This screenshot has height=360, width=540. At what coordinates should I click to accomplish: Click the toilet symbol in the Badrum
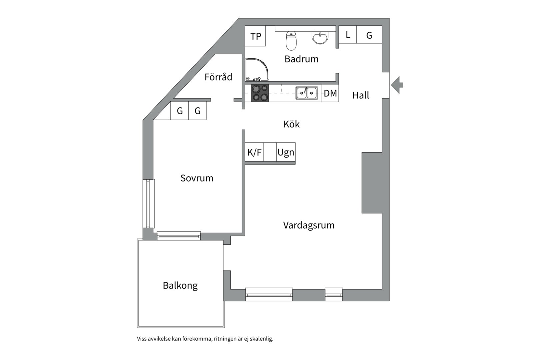[x=291, y=41]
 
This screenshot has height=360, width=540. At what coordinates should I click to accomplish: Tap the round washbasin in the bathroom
[x=320, y=37]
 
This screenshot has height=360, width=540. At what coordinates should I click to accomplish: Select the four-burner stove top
[x=260, y=93]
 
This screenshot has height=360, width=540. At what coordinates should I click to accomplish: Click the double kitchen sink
[x=307, y=93]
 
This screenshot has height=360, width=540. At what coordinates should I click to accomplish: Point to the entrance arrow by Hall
[x=397, y=85]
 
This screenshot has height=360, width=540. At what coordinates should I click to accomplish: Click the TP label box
[x=255, y=36]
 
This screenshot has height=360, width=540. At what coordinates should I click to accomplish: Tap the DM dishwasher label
[x=330, y=93]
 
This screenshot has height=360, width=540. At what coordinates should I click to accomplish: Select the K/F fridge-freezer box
[x=254, y=152]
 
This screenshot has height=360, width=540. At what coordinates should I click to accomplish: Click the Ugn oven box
[x=286, y=152]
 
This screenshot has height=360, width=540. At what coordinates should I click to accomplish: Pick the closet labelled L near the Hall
[x=348, y=35]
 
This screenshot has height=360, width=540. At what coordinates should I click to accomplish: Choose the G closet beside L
[x=369, y=35]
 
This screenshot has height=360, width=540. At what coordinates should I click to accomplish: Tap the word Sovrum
[x=197, y=178]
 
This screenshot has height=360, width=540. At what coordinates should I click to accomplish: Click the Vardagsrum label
[x=309, y=225]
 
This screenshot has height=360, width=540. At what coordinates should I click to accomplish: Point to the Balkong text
[x=180, y=285]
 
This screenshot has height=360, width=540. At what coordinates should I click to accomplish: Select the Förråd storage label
[x=218, y=77]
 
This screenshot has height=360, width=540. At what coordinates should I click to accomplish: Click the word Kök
[x=291, y=124]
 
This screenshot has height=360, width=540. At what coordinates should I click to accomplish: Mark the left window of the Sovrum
[x=149, y=204]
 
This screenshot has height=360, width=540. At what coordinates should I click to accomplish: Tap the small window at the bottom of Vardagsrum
[x=334, y=294]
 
